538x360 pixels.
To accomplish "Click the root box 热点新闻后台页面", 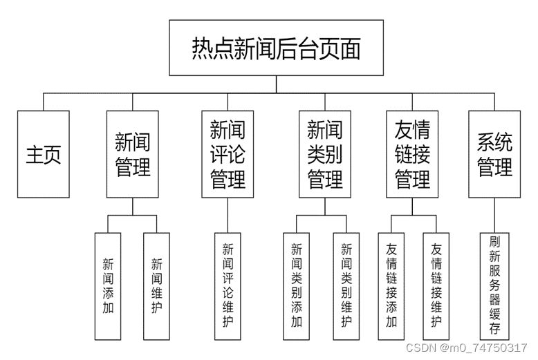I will tap(276, 48).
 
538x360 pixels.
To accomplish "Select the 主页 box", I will tap(44, 154).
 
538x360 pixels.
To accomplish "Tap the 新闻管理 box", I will tap(132, 154).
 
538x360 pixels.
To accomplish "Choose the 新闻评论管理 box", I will tap(228, 154).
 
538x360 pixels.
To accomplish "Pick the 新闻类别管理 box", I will tap(325, 154).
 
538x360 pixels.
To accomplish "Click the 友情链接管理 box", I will tap(412, 154).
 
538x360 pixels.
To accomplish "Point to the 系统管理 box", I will tap(494, 154).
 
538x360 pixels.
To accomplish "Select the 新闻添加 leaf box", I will tap(108, 285).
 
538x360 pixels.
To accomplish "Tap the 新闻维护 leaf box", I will tap(156, 285).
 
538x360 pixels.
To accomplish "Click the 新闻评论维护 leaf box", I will tap(228, 284).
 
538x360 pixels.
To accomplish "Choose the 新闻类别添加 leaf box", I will tap(297, 285).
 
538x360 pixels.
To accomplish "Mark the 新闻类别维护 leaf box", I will tap(346, 285).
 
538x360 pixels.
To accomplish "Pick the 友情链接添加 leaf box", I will tap(391, 285).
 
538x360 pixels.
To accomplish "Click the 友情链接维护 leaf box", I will tap(436, 285).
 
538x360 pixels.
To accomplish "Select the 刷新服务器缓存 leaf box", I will tap(494, 284).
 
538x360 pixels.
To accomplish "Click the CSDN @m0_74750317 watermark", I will tap(466, 347).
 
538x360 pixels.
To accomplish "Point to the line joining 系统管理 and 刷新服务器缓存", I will tap(494, 215).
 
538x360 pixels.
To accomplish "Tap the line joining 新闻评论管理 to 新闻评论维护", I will tap(228, 215).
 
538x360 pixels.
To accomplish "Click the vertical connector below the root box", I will tap(276, 84).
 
